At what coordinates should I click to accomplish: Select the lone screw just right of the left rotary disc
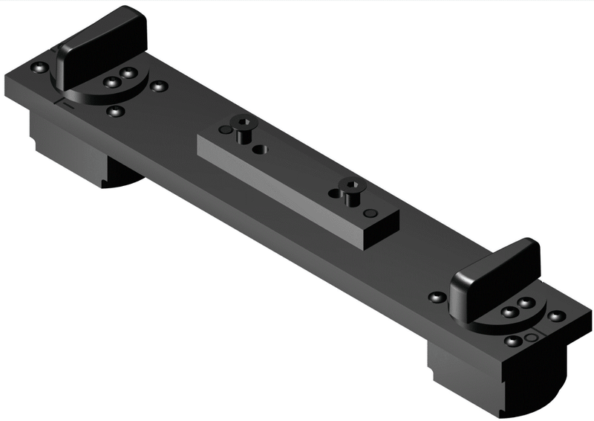click(x=157, y=86)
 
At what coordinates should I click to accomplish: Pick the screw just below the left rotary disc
click(x=114, y=112)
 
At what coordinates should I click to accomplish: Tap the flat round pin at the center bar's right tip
click(x=373, y=214)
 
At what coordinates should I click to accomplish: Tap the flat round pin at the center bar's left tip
click(x=225, y=130)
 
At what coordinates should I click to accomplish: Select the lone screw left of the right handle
click(x=437, y=298)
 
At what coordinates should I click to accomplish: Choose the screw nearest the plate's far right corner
click(x=556, y=315)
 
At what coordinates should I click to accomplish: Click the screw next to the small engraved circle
click(x=513, y=341)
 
